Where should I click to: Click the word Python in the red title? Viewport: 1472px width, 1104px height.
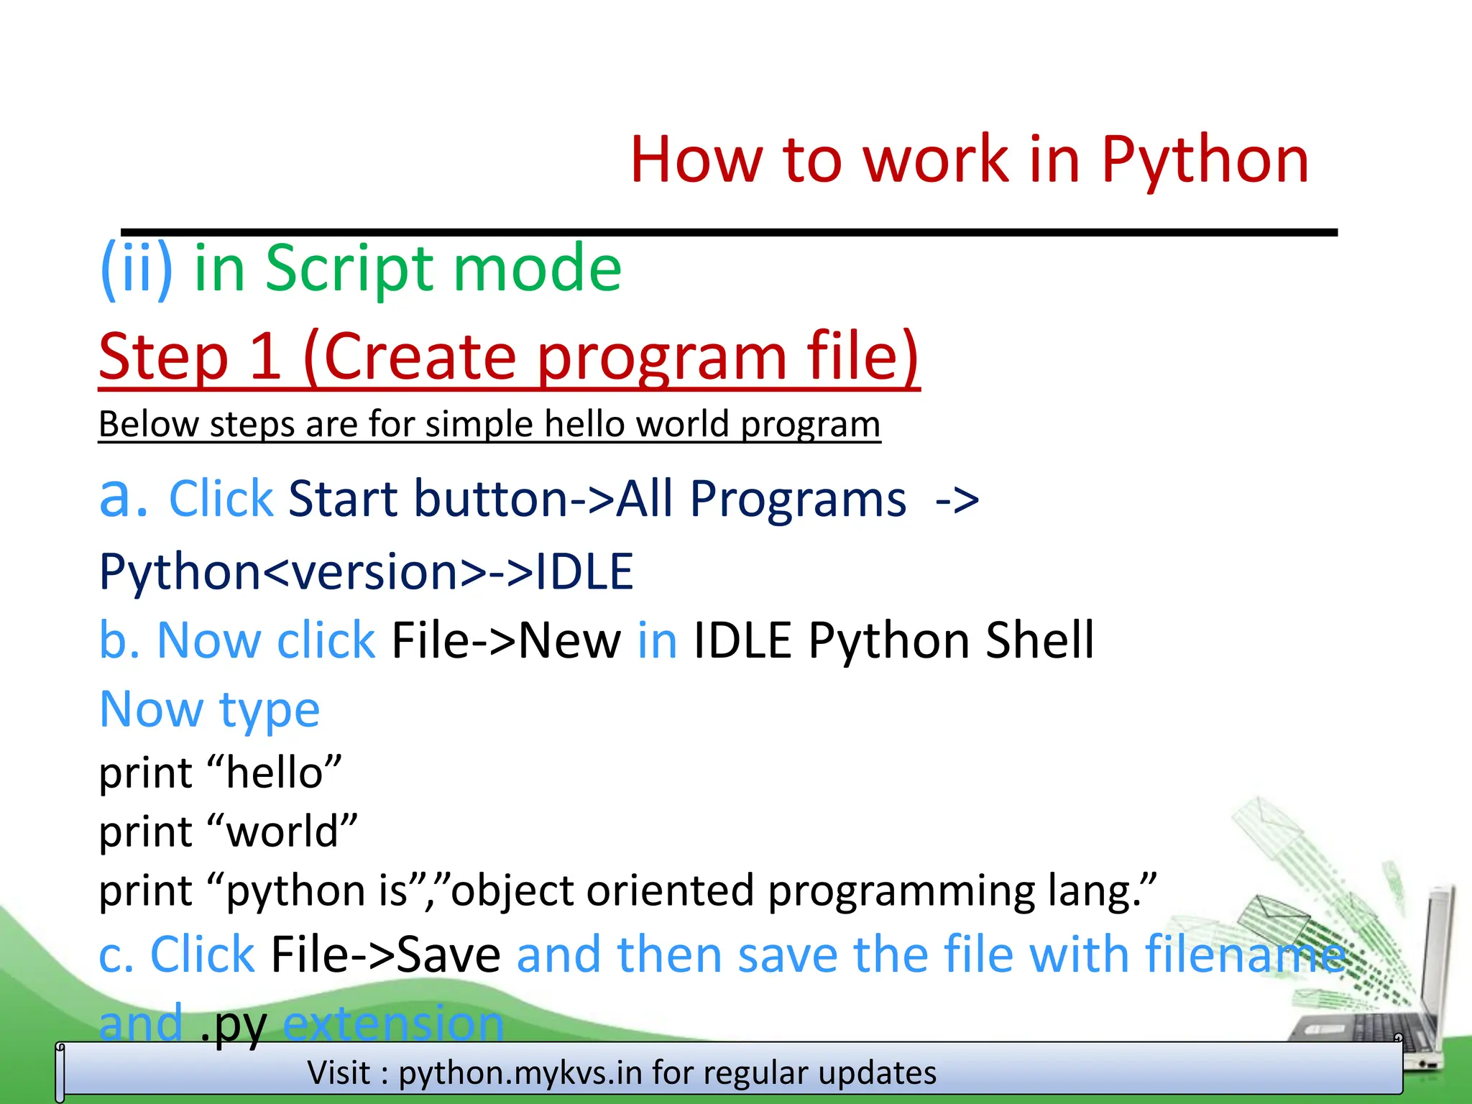1204,160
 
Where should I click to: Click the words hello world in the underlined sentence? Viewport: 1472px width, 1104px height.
637,424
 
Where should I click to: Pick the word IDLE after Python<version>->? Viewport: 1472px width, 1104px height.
584,572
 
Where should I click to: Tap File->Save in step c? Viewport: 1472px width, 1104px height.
385,954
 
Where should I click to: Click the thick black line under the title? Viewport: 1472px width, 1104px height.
729,232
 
